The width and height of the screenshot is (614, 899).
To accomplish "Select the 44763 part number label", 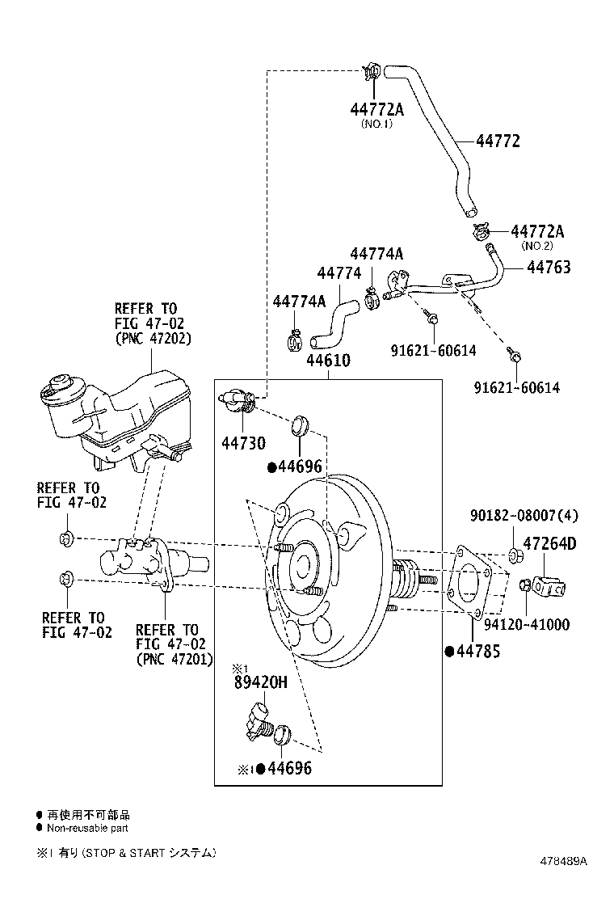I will click(549, 267).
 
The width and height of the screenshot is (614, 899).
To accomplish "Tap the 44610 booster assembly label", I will click(328, 360).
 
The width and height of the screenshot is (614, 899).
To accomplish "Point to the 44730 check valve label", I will click(243, 443).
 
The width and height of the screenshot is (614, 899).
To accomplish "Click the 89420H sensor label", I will click(260, 682).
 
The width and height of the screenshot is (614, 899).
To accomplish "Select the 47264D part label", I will click(549, 544).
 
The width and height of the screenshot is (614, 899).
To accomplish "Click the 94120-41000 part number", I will click(526, 624).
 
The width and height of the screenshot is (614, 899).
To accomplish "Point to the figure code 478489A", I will click(564, 861).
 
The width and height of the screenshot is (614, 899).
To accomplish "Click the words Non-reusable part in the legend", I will click(87, 828).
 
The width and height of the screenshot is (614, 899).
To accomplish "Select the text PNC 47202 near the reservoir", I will click(153, 339).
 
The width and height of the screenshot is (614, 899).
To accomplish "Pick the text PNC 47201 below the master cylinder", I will click(174, 659).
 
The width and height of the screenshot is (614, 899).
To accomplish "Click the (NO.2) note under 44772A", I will click(536, 246).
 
